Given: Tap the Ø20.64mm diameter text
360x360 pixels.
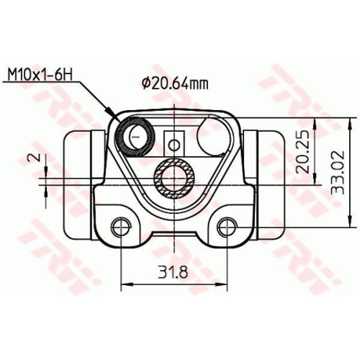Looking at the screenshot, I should coord(176,84).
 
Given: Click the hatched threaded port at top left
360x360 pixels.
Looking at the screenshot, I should coord(135,135).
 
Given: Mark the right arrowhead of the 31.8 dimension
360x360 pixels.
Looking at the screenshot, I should coord(224,284).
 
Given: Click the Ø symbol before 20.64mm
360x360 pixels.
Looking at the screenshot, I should coord(146,84).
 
